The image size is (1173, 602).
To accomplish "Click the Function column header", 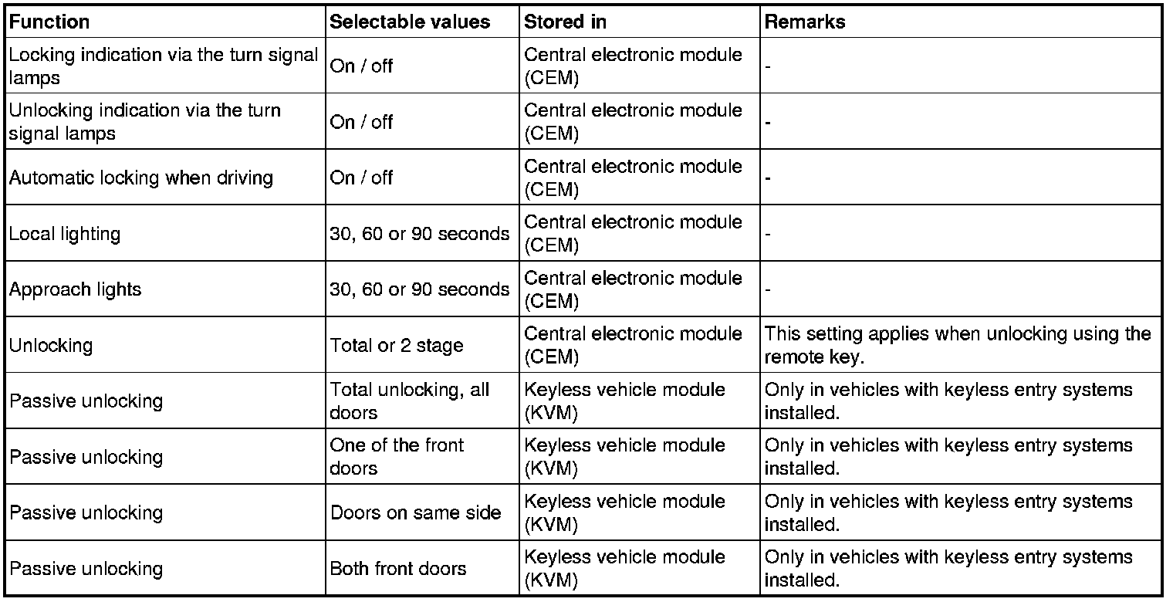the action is pos(49,22).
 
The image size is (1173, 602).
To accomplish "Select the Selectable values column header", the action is pos(410,22).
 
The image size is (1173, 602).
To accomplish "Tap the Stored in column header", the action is pos(565,22).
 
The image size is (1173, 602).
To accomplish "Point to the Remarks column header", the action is pos(804,22).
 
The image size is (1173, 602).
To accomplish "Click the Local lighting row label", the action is pos(65,233).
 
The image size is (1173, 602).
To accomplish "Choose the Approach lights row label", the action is pos(76,289).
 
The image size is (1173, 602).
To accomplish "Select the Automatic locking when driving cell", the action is pos(141,178).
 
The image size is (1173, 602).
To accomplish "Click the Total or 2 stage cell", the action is pos(397,345).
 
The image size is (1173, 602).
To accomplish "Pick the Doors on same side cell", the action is pos(416,512).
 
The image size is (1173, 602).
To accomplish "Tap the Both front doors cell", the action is pos(398,569).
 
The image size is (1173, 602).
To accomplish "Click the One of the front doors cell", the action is pos(397,457).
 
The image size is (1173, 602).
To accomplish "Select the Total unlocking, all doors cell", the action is pos(409,401).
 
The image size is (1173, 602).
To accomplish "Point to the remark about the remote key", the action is pos(957,345).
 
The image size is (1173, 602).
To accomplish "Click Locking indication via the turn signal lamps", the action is pos(163,66).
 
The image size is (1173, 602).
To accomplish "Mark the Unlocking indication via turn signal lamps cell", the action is pos(145,122).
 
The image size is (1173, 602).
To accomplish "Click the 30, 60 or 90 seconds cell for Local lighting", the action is pos(420,233).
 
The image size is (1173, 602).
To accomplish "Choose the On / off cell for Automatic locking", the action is pos(362,178).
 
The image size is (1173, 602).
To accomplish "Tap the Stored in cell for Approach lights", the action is pos(633,289).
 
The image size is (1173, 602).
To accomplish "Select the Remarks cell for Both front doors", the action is pos(948,569).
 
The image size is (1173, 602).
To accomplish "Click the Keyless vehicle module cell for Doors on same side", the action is pos(624,512).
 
